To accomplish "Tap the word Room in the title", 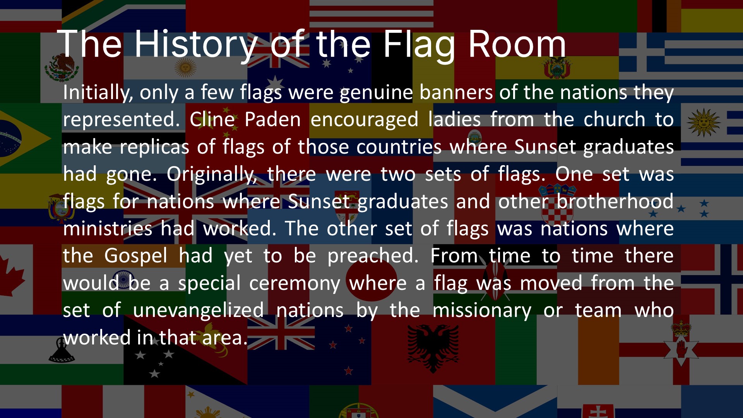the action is point(517,45).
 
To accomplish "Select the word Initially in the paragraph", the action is point(98,93).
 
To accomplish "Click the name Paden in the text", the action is point(273,119).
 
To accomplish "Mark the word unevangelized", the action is point(198,310).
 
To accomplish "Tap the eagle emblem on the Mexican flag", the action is point(62,67).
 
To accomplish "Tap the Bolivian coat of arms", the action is point(557,68).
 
